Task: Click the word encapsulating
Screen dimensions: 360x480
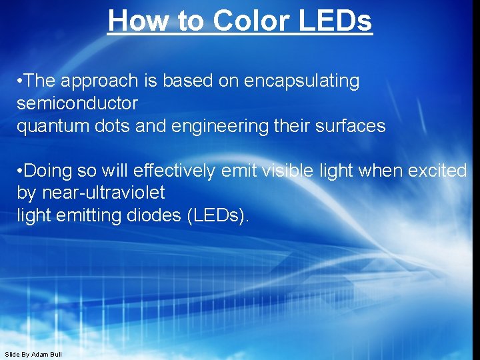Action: tap(302, 81)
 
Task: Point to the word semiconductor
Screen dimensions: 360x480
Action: tap(77, 103)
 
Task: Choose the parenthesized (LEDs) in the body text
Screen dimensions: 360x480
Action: tap(217, 216)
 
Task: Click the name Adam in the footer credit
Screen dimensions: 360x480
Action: tap(40, 354)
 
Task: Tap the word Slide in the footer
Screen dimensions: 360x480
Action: tap(12, 354)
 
